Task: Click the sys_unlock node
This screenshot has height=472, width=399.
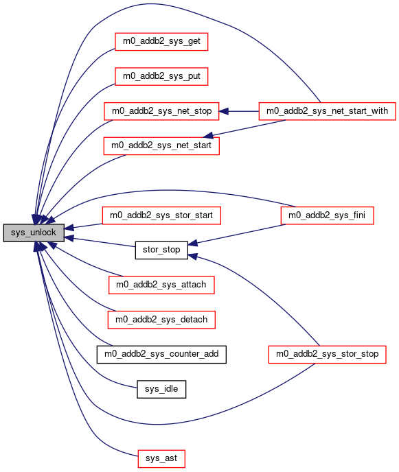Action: point(34,233)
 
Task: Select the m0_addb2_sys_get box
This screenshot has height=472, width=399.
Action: point(161,42)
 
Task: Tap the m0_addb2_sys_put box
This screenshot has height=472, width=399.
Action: point(161,76)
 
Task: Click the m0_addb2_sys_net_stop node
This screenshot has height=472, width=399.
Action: point(161,111)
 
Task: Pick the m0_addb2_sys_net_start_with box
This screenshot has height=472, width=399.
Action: point(328,111)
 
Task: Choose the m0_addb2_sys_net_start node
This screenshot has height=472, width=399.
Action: point(161,146)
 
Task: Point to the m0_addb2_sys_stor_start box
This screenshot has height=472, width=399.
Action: point(161,215)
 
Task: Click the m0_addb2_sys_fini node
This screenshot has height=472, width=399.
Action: point(328,215)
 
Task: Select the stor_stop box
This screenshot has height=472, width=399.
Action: point(161,250)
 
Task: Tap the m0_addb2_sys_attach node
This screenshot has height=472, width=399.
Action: point(161,285)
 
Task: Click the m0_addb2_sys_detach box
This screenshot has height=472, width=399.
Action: point(161,320)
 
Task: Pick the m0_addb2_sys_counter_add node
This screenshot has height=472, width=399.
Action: point(161,354)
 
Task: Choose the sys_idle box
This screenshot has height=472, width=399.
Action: point(161,389)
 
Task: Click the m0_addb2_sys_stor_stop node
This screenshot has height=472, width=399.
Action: point(328,354)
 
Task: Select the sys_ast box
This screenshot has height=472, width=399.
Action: point(161,459)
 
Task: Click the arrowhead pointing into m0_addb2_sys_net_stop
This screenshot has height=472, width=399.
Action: point(223,111)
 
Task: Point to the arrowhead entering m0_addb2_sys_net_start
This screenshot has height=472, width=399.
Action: point(209,136)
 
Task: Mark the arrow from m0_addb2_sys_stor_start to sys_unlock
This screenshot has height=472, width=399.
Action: point(84,226)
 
